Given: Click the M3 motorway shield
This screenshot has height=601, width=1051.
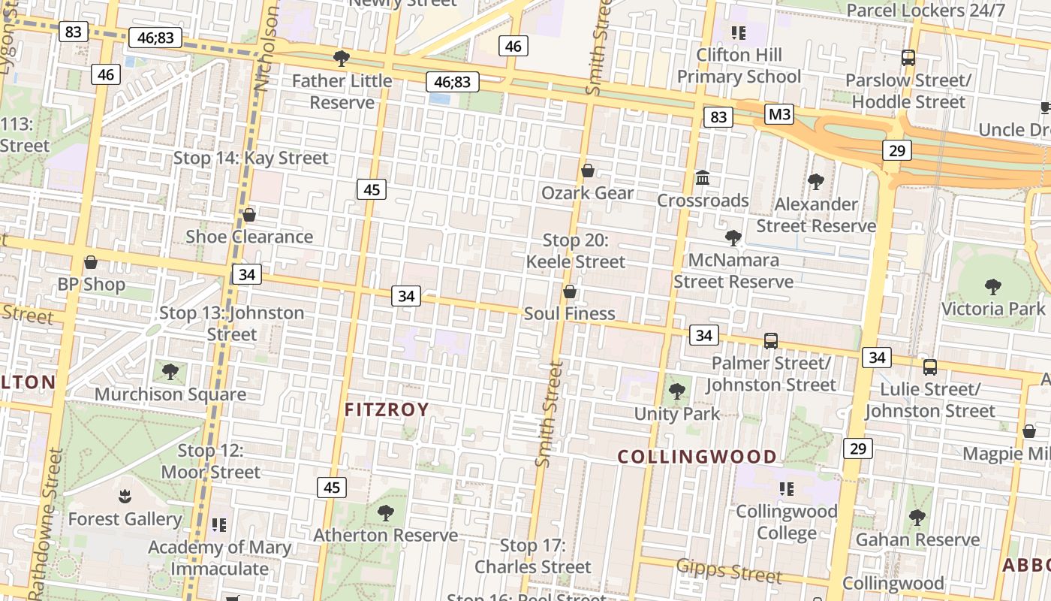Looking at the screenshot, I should coord(779,114).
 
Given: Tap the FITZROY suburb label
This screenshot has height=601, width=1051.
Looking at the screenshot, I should coord(387,409).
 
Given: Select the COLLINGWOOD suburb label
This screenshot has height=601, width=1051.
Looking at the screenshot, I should coord(697,457).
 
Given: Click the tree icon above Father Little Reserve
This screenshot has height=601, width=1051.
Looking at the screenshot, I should coord(342,58).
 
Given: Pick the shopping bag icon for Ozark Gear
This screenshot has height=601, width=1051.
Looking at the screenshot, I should coord(588,171).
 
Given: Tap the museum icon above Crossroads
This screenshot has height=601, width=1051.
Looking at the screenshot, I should coord(703,178).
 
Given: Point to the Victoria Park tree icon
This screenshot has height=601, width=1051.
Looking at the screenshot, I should coord(993,286).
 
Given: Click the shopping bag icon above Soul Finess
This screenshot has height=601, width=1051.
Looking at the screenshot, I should coord(570,291).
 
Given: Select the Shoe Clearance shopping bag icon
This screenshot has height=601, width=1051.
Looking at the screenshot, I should coord(249,215).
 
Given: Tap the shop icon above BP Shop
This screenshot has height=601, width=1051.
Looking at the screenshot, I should coord(91,262).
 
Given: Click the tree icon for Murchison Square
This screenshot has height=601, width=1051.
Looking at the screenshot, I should coord(170,371).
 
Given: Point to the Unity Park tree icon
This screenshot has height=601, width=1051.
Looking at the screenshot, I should coord(677,391).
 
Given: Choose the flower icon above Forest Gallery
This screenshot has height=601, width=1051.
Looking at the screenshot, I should coord(125,496).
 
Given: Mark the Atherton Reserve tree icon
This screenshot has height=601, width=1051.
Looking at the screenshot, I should coord(386,512).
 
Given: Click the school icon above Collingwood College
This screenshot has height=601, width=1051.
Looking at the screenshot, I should coord(786,489).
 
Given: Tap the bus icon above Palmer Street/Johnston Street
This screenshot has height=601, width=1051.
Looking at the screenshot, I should coord(771,340).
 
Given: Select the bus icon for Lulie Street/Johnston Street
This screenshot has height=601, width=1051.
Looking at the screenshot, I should coord(930,367).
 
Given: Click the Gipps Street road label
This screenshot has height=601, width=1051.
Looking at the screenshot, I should coord(729,570).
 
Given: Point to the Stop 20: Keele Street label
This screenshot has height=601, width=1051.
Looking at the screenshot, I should coord(575,251).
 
